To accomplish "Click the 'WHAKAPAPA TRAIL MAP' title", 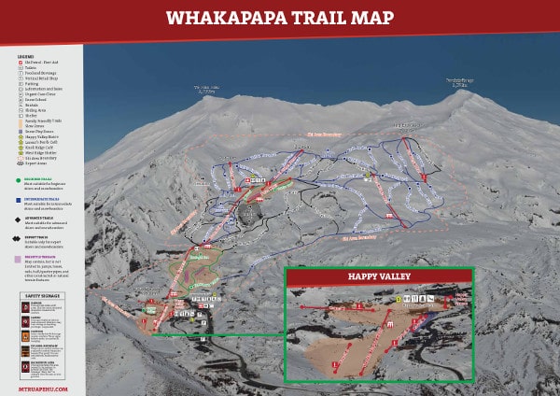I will (x=280, y=18).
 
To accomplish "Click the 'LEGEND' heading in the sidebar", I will (x=25, y=56).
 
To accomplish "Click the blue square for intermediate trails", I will (x=20, y=199).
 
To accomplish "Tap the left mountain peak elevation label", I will (x=209, y=90).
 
